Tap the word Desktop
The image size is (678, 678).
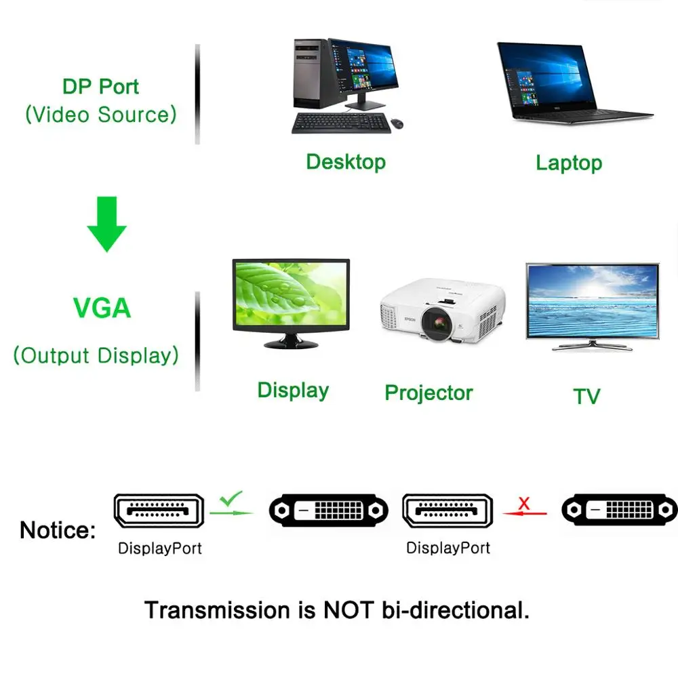click(x=346, y=161)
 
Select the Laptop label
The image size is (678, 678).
click(x=569, y=163)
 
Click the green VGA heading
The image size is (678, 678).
click(x=102, y=308)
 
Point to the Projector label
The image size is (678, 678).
click(x=428, y=393)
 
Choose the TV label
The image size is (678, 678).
click(x=586, y=396)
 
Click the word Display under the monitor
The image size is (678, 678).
click(x=293, y=390)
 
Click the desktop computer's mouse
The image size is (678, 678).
click(x=397, y=123)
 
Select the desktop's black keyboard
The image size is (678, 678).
click(x=341, y=123)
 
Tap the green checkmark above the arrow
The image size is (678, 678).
click(x=231, y=499)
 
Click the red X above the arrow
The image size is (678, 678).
click(x=523, y=503)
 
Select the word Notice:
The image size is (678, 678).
click(x=58, y=530)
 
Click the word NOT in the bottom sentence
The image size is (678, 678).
click(x=347, y=610)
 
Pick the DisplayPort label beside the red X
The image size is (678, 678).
click(x=448, y=548)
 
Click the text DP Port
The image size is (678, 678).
click(x=100, y=87)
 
